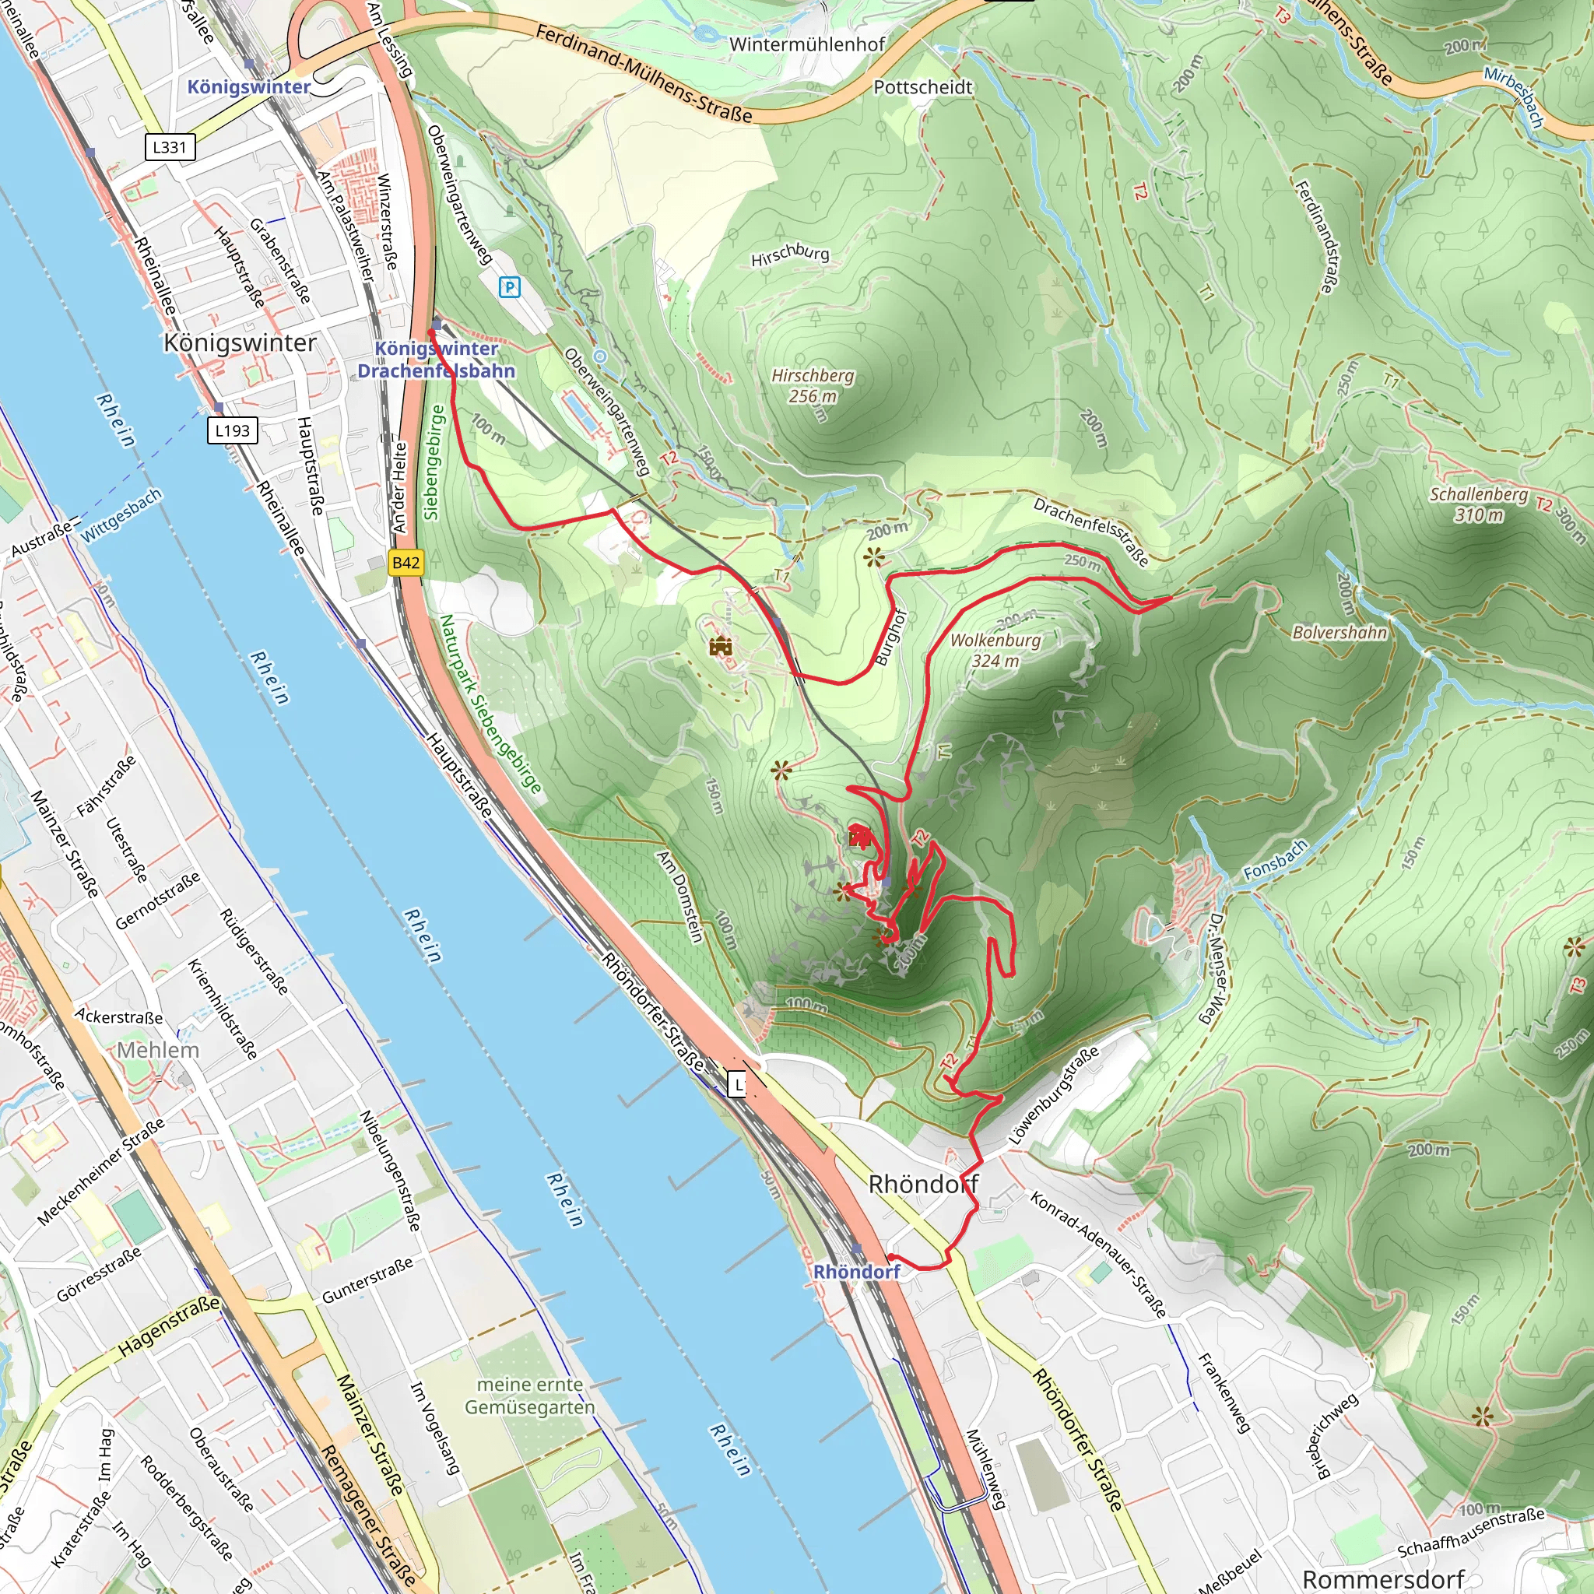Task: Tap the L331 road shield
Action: (170, 147)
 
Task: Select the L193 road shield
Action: (233, 430)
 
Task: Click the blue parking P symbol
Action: (510, 287)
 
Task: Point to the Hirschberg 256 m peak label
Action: (813, 385)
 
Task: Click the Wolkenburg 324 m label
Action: (995, 650)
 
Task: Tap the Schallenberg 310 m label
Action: (1479, 504)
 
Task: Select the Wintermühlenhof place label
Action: (807, 44)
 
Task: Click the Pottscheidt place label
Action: (922, 86)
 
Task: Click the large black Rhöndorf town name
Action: (923, 1184)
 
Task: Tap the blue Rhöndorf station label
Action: (856, 1272)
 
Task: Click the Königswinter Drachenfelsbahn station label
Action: (437, 360)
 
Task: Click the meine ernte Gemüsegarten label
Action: (530, 1396)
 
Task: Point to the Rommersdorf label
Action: (1383, 1578)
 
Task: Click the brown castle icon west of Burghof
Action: (720, 646)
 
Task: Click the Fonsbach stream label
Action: (1276, 859)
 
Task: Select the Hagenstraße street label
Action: (169, 1325)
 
